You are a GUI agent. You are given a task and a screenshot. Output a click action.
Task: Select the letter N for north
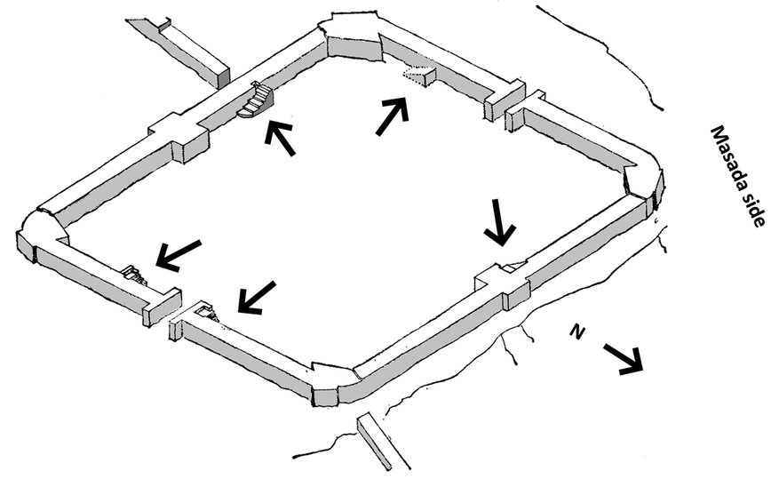[x=576, y=331]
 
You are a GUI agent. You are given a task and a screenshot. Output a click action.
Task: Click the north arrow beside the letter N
[x=624, y=359]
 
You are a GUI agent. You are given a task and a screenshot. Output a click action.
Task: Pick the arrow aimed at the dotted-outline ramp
[x=393, y=116]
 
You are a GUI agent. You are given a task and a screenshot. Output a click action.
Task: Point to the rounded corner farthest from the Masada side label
[x=43, y=233]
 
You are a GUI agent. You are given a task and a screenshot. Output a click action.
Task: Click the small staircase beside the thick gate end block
[x=133, y=275]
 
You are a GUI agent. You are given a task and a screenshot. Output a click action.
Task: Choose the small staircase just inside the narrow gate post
[x=207, y=313]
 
